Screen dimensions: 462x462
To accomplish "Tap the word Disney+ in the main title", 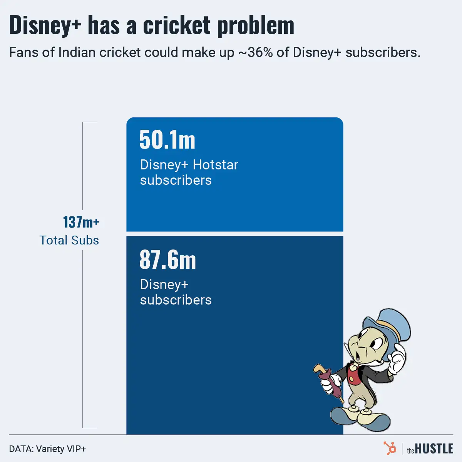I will coord(45,25).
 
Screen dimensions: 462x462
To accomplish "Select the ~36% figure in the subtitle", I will coord(255,52).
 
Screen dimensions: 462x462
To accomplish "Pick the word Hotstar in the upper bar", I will coord(215,165).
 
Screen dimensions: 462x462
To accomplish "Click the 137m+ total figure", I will coord(81,222).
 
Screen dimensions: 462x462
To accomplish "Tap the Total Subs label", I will coord(69,240).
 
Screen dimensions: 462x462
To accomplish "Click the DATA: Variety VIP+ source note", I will coord(47,449).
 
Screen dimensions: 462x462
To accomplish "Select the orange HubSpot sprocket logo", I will coord(390,449).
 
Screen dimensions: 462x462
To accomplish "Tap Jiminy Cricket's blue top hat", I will coord(389,323).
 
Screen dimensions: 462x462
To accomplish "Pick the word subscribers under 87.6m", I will coord(176,300).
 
